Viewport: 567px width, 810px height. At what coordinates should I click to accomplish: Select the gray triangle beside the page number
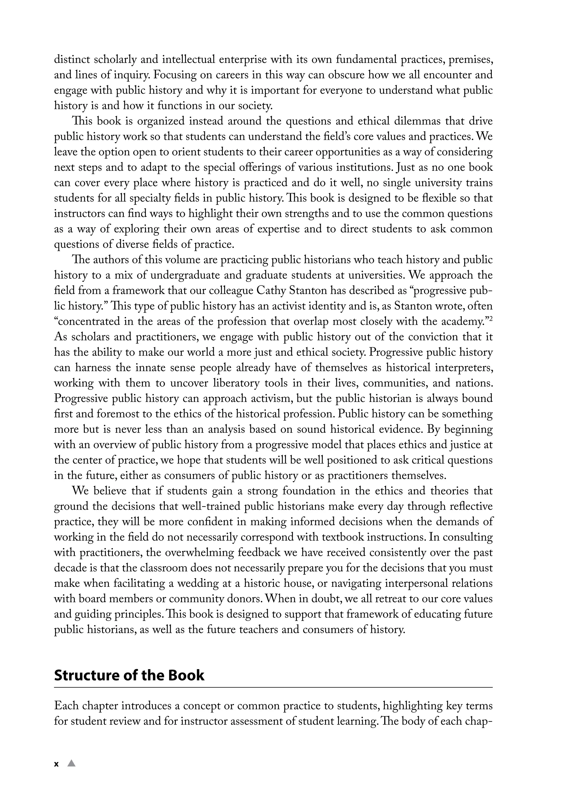click(x=72, y=763)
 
